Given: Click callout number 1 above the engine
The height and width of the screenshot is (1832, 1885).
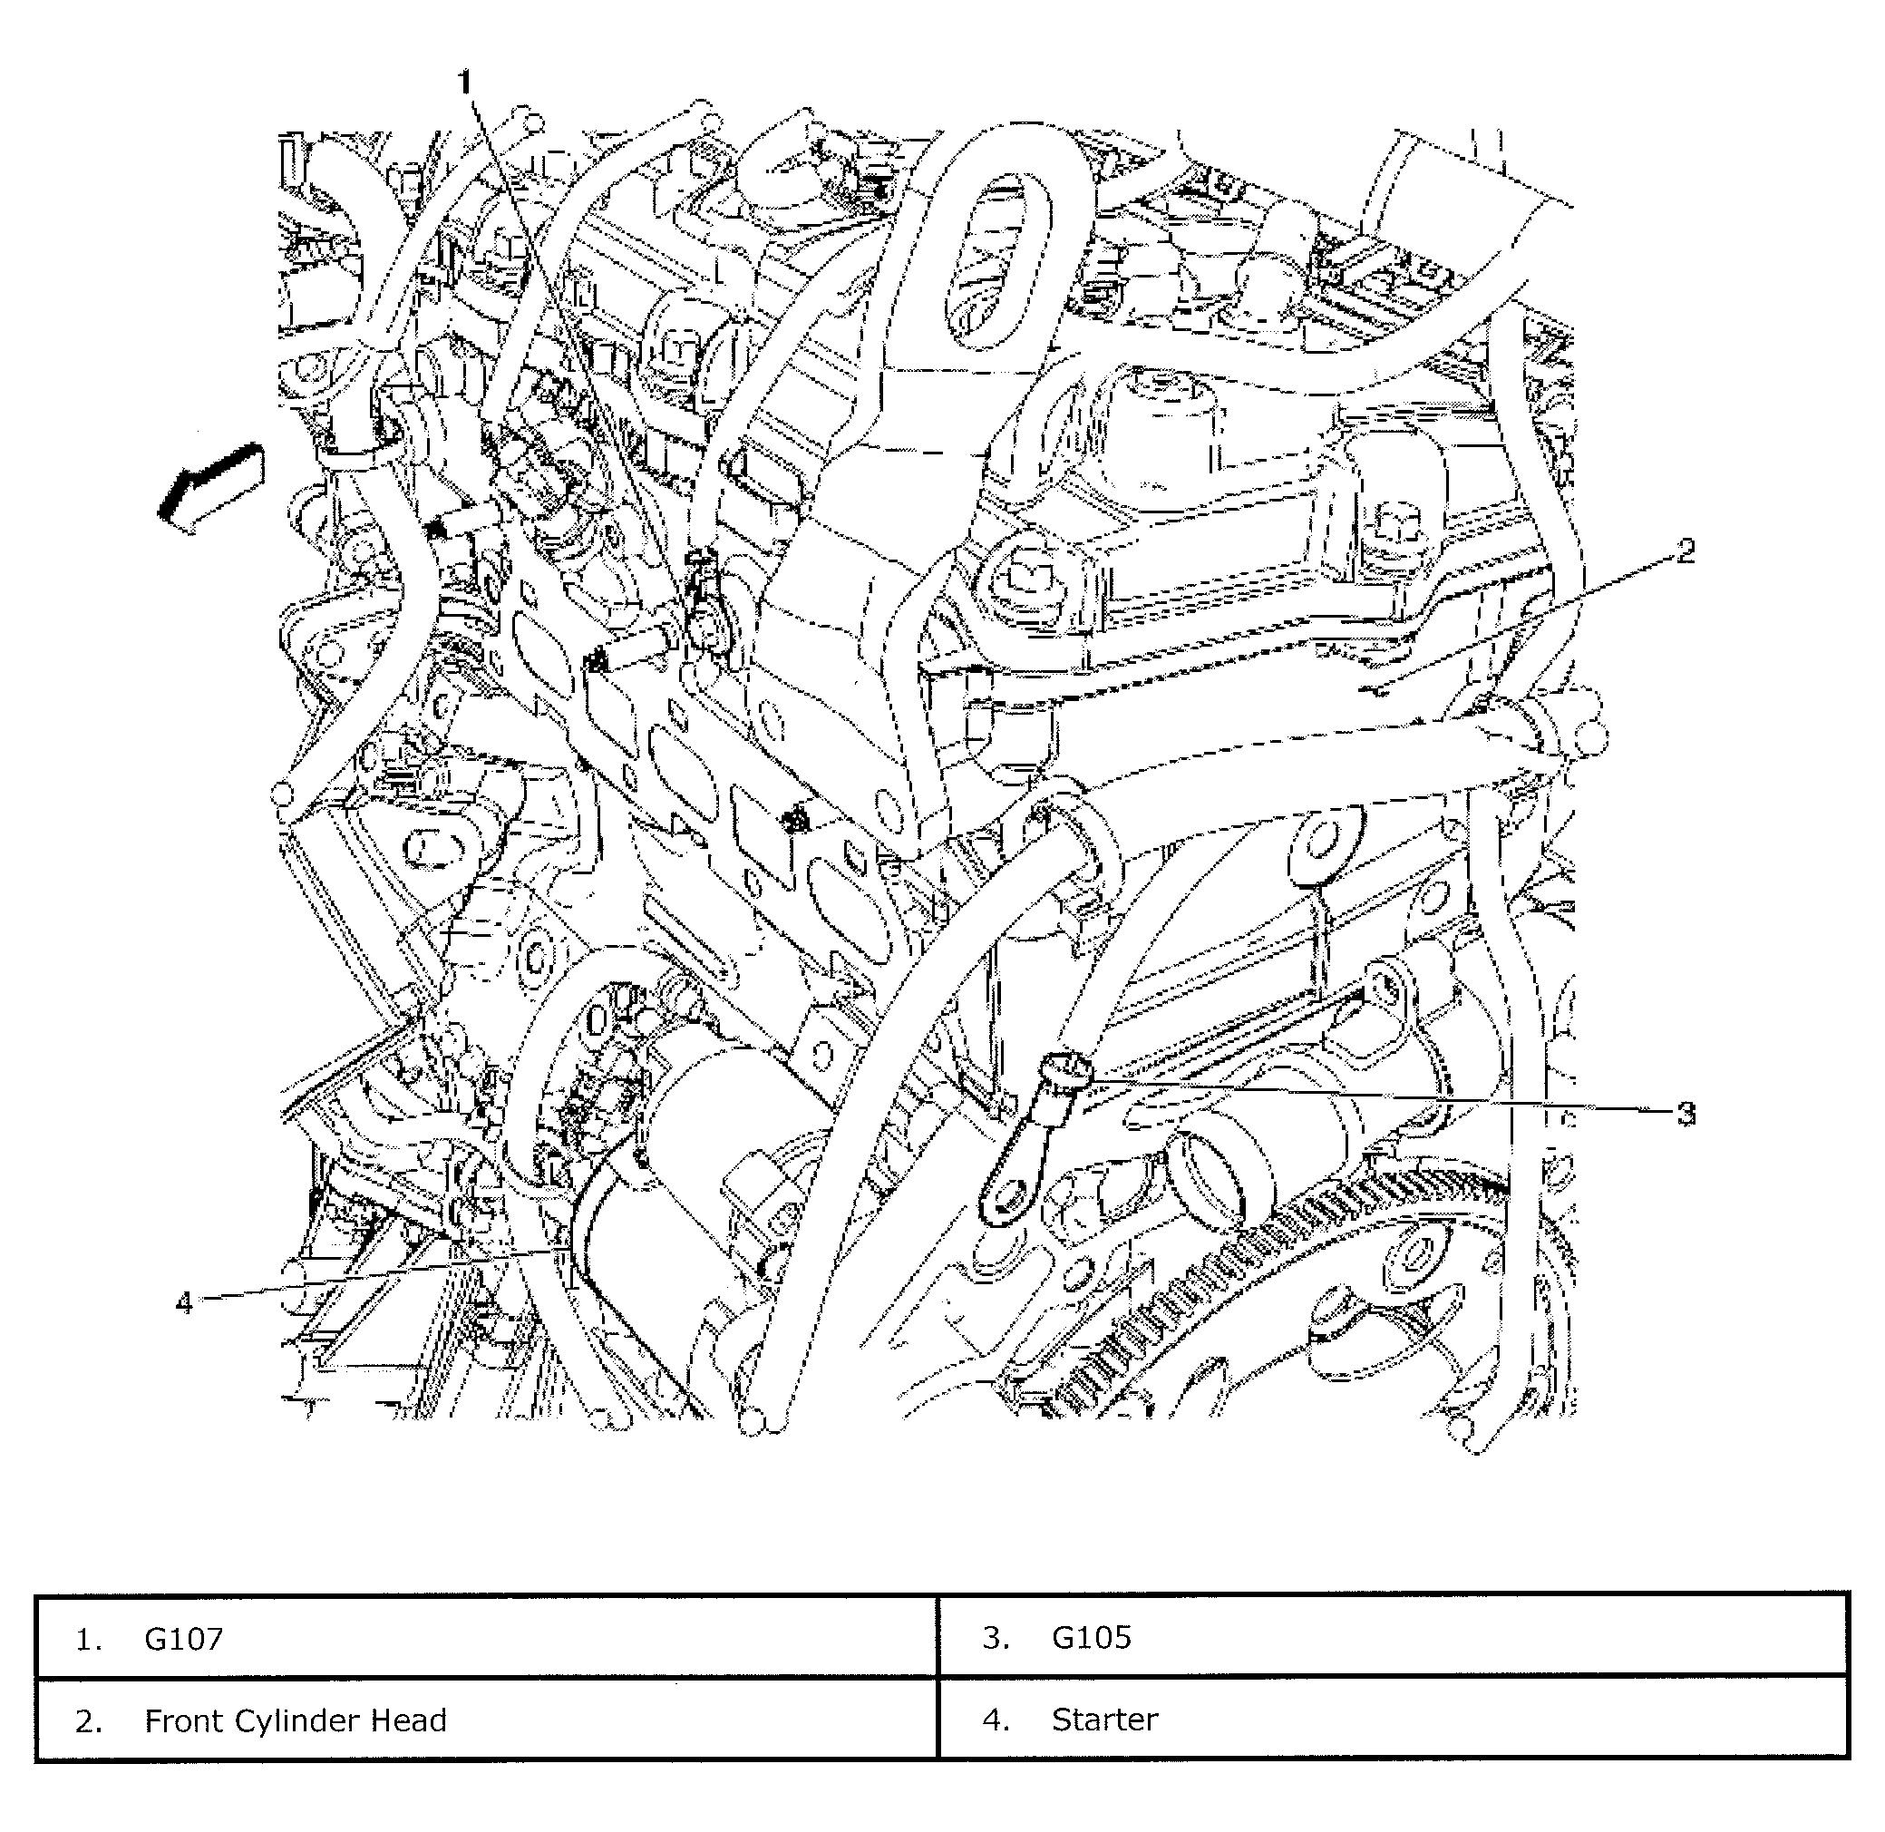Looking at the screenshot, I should point(465,83).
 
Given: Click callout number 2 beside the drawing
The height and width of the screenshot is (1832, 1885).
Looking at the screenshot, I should point(1685,552).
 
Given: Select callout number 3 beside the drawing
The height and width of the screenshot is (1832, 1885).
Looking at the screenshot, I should point(1685,1115).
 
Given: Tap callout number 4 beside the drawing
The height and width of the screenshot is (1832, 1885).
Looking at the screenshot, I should point(184,1302).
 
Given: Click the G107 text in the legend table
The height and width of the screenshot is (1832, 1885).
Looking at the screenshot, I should point(184,1639).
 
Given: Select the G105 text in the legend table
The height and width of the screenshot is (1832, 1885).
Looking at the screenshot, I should point(1091,1638).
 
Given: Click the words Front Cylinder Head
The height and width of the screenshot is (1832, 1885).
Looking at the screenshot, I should point(296,1720).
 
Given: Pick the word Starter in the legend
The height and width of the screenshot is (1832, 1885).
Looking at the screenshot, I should point(1104,1720).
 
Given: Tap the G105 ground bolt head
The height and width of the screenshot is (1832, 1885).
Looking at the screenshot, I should point(1067,1070).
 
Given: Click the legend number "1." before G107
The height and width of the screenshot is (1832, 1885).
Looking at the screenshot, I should point(89,1639).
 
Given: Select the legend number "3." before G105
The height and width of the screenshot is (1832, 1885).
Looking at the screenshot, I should point(996,1638).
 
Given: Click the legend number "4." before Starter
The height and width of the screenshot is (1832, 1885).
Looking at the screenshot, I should point(996,1720).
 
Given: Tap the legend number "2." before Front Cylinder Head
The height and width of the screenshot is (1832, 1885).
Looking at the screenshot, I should point(89,1720).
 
